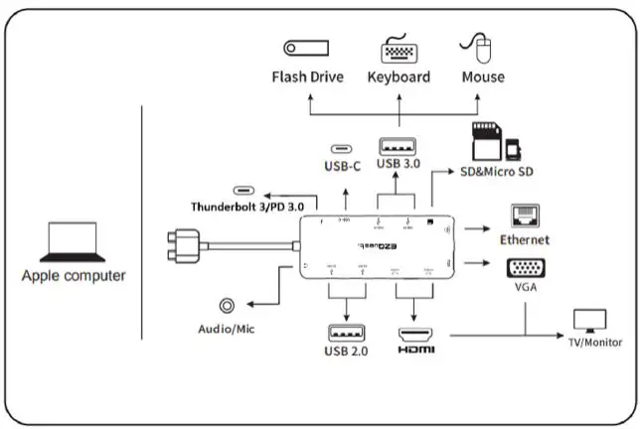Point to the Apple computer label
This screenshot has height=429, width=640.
pyautogui.click(x=74, y=275)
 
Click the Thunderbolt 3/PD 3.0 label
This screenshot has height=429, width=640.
pyautogui.click(x=246, y=207)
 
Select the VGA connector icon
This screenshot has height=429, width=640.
pyautogui.click(x=524, y=268)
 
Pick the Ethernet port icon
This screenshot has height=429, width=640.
pyautogui.click(x=524, y=217)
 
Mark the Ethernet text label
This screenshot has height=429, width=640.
pyautogui.click(x=524, y=239)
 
